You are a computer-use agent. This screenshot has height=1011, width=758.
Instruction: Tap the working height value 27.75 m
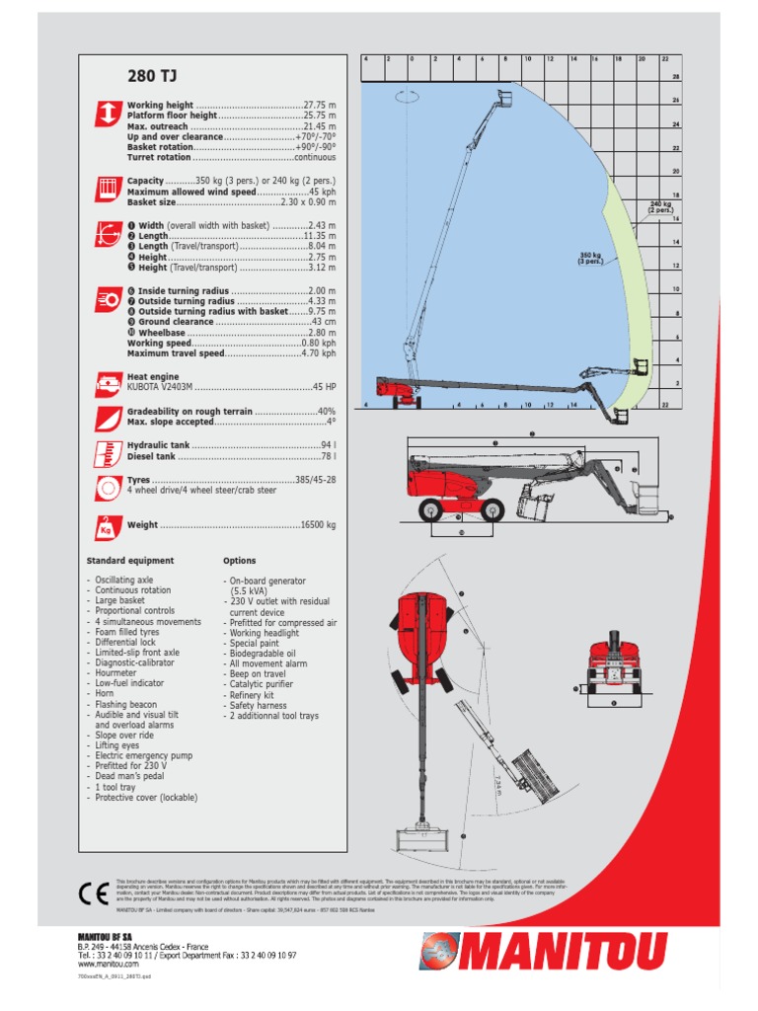pyautogui.click(x=319, y=105)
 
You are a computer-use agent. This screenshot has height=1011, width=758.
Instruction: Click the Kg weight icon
pyautogui.click(x=107, y=526)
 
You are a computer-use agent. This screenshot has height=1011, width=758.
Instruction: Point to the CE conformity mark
pyautogui.click(x=93, y=894)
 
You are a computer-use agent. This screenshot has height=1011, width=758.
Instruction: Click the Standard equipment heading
pyautogui.click(x=130, y=561)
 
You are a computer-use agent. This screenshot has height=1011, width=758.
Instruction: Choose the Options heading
pyautogui.click(x=239, y=561)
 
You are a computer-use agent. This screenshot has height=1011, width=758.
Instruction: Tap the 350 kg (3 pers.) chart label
pyautogui.click(x=590, y=258)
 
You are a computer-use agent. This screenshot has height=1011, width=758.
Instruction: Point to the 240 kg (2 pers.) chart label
pyautogui.click(x=659, y=206)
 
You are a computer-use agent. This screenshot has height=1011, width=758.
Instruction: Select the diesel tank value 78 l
pyautogui.click(x=328, y=457)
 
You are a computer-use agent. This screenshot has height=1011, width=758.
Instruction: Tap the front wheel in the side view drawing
pyautogui.click(x=432, y=509)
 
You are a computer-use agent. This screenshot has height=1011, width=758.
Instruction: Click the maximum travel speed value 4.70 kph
pyautogui.click(x=318, y=352)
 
